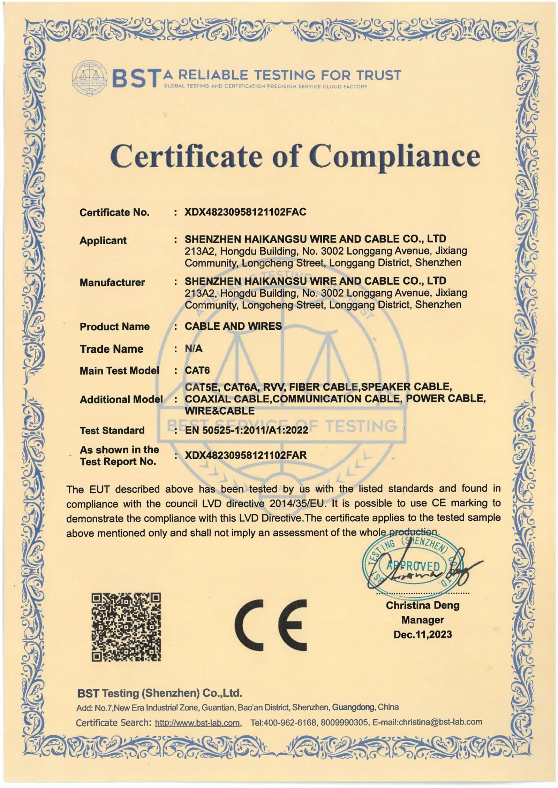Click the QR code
(x=126, y=628)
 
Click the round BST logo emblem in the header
(x=89, y=77)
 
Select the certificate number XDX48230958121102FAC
(x=245, y=212)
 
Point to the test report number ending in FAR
(x=246, y=455)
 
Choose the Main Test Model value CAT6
(x=197, y=370)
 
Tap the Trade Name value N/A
(x=194, y=349)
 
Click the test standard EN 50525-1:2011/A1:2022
(x=246, y=430)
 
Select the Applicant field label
(x=103, y=240)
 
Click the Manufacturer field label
(x=112, y=282)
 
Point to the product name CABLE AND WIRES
(x=233, y=326)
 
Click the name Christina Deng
(x=422, y=605)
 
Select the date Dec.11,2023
(x=422, y=634)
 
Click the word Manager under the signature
(x=422, y=620)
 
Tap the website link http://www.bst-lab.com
(x=197, y=722)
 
